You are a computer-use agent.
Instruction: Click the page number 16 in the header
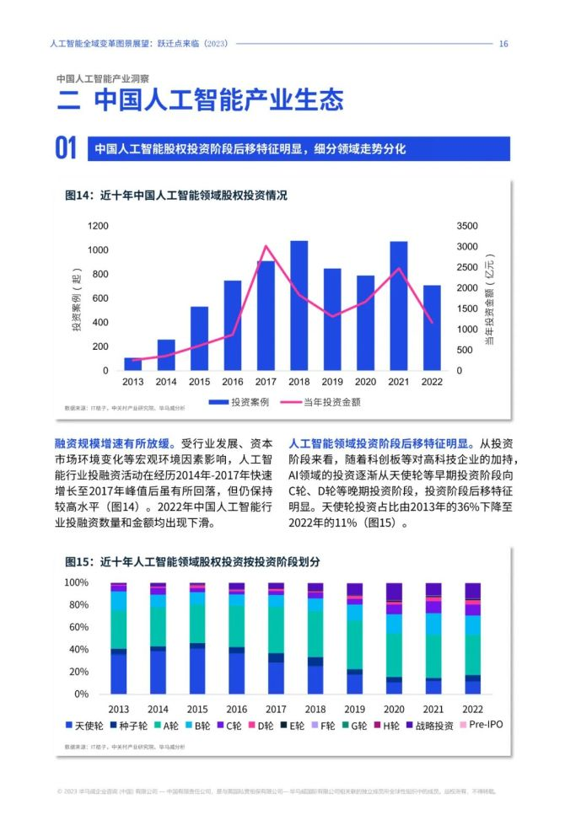coord(503,44)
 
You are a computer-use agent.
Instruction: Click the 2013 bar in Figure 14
coord(132,364)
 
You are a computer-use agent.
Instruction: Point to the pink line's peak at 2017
coord(266,246)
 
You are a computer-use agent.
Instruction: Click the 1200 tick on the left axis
coord(99,226)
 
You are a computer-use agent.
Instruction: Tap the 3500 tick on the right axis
coord(466,226)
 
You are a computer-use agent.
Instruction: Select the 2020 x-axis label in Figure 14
coord(365,382)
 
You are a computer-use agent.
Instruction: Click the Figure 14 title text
coord(176,195)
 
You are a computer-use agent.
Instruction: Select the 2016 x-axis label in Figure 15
coord(237,709)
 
